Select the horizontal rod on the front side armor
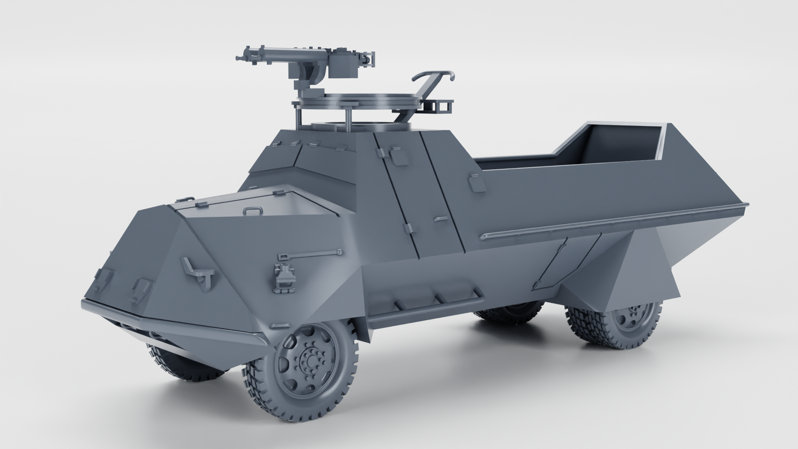(310, 254)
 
